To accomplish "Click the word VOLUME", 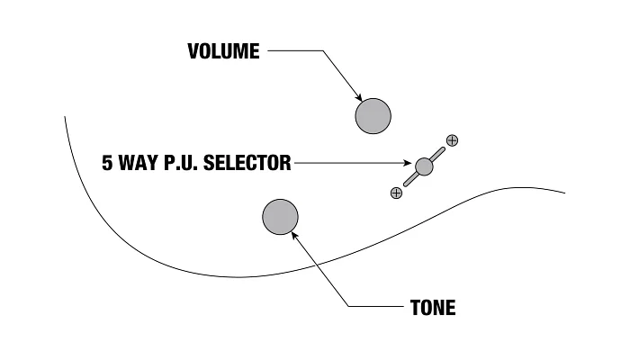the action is click(x=223, y=51).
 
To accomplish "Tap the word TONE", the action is click(x=433, y=308).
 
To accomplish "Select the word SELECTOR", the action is click(x=247, y=163).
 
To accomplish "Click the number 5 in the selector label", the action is click(x=107, y=163).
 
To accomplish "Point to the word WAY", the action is click(x=138, y=163).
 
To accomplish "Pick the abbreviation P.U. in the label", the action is click(x=181, y=163).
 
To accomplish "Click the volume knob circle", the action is click(x=373, y=116).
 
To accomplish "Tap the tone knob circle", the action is click(x=281, y=217).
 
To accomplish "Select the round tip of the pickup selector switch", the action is click(x=424, y=166).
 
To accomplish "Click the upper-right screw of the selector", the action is click(x=453, y=140).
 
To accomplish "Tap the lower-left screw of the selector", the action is click(x=397, y=193).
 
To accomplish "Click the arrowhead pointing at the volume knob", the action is click(x=358, y=97).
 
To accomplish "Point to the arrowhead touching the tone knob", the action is click(x=294, y=236).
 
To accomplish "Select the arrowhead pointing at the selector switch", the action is click(x=407, y=163).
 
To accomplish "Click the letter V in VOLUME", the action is click(x=193, y=51).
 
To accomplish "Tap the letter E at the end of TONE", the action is click(x=451, y=308).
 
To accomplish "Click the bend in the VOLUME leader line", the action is click(x=323, y=50).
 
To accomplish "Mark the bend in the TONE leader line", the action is click(x=348, y=306).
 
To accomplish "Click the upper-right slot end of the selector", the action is click(x=443, y=149).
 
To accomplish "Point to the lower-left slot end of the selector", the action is click(x=406, y=184).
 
